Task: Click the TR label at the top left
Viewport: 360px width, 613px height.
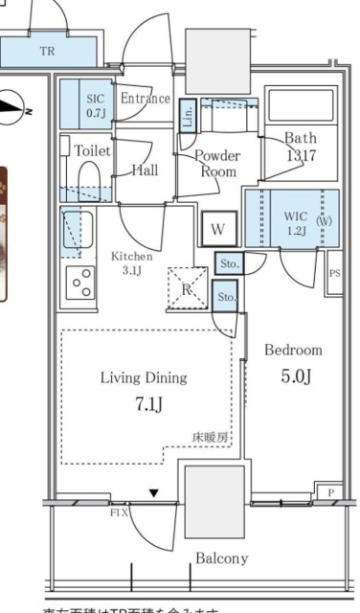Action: click(x=47, y=51)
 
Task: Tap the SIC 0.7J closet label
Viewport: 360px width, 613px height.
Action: click(x=96, y=106)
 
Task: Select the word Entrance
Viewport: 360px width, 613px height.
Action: click(x=146, y=99)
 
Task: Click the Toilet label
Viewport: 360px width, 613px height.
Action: click(x=91, y=151)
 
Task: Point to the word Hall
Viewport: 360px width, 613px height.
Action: click(x=146, y=170)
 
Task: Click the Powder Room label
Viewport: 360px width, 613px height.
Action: click(x=217, y=164)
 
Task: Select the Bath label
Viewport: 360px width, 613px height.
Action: click(x=300, y=146)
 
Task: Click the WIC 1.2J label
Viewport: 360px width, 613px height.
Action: click(x=295, y=222)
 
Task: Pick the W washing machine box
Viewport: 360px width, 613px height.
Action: click(x=218, y=230)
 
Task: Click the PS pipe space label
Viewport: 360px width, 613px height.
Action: click(x=334, y=273)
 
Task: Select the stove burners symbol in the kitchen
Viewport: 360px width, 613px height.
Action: click(x=82, y=282)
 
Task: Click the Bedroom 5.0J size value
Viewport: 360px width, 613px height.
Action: click(x=295, y=377)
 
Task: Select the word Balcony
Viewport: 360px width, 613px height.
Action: click(x=221, y=558)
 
